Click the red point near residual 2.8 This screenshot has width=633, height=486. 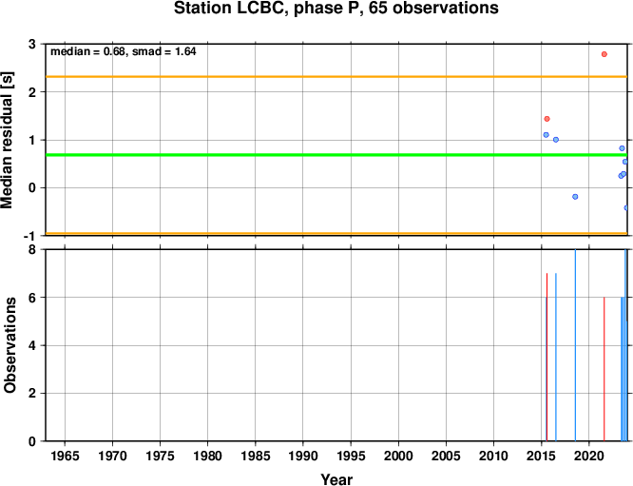[x=604, y=54]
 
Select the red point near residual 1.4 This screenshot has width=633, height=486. [x=547, y=119]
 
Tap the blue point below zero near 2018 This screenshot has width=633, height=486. [x=575, y=197]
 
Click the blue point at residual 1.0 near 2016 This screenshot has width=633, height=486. [x=556, y=140]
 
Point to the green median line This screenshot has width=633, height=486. [x=336, y=155]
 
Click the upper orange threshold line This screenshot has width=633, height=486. [x=336, y=76]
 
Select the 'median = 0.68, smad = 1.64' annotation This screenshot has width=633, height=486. [x=124, y=51]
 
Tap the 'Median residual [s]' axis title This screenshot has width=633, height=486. [x=7, y=140]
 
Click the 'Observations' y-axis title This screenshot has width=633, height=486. [x=10, y=345]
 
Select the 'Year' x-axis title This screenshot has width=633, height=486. [x=336, y=479]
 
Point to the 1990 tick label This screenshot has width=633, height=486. [x=303, y=457]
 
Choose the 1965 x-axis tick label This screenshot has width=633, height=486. [x=65, y=457]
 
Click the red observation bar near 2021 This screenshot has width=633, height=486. [x=604, y=369]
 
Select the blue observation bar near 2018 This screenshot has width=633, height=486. [x=575, y=345]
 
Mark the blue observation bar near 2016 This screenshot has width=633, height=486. [x=556, y=357]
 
